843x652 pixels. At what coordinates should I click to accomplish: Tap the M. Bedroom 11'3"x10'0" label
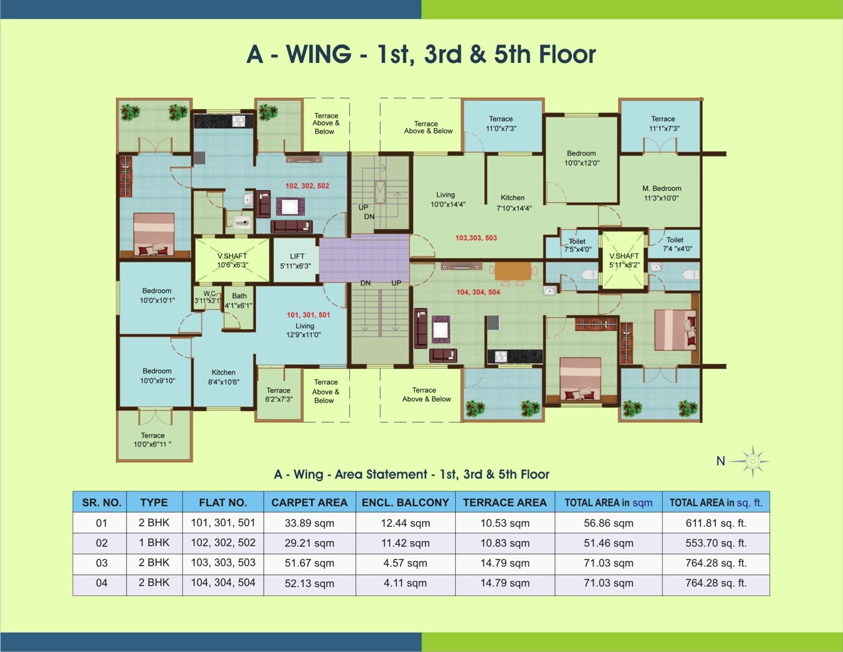click(662, 193)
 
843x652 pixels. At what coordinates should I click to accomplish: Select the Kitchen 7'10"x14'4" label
click(513, 203)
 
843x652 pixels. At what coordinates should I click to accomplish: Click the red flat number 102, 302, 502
click(307, 186)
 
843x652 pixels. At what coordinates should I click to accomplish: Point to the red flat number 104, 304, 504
click(478, 292)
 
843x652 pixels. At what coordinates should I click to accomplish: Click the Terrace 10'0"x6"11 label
click(152, 440)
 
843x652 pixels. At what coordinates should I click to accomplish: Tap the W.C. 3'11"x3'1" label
click(208, 297)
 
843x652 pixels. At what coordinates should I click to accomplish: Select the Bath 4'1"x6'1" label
click(239, 300)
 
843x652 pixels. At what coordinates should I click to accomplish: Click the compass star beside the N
click(752, 461)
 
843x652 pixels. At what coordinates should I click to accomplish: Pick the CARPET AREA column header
click(309, 503)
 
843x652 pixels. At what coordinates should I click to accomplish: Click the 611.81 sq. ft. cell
click(716, 523)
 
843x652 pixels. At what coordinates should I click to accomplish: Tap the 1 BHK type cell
click(154, 543)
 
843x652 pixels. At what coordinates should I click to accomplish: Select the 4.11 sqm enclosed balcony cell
click(405, 583)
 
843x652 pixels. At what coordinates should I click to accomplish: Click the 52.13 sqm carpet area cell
click(309, 583)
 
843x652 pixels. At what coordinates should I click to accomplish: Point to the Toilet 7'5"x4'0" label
click(577, 245)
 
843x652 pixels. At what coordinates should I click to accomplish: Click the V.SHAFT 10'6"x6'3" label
click(232, 260)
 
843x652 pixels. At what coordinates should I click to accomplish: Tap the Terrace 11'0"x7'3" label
click(501, 123)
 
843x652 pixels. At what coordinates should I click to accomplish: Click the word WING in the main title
click(319, 54)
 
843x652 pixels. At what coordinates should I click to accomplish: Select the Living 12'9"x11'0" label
click(304, 330)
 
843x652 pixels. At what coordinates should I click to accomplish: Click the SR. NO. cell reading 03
click(102, 563)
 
